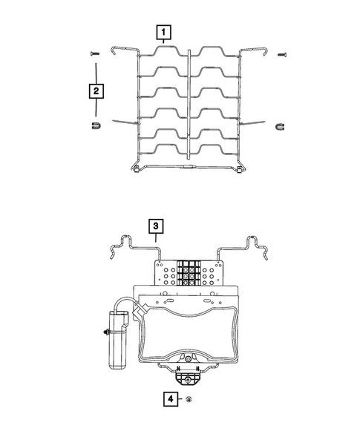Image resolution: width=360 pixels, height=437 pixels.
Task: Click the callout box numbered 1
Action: click(162, 33)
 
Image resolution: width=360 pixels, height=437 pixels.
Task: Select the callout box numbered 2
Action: click(96, 91)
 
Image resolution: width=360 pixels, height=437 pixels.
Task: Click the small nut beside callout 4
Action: click(190, 400)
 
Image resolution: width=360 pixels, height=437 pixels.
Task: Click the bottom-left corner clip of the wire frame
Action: click(140, 172)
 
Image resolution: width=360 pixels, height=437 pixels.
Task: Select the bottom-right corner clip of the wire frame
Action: click(238, 174)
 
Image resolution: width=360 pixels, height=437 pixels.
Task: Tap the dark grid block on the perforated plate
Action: click(189, 272)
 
